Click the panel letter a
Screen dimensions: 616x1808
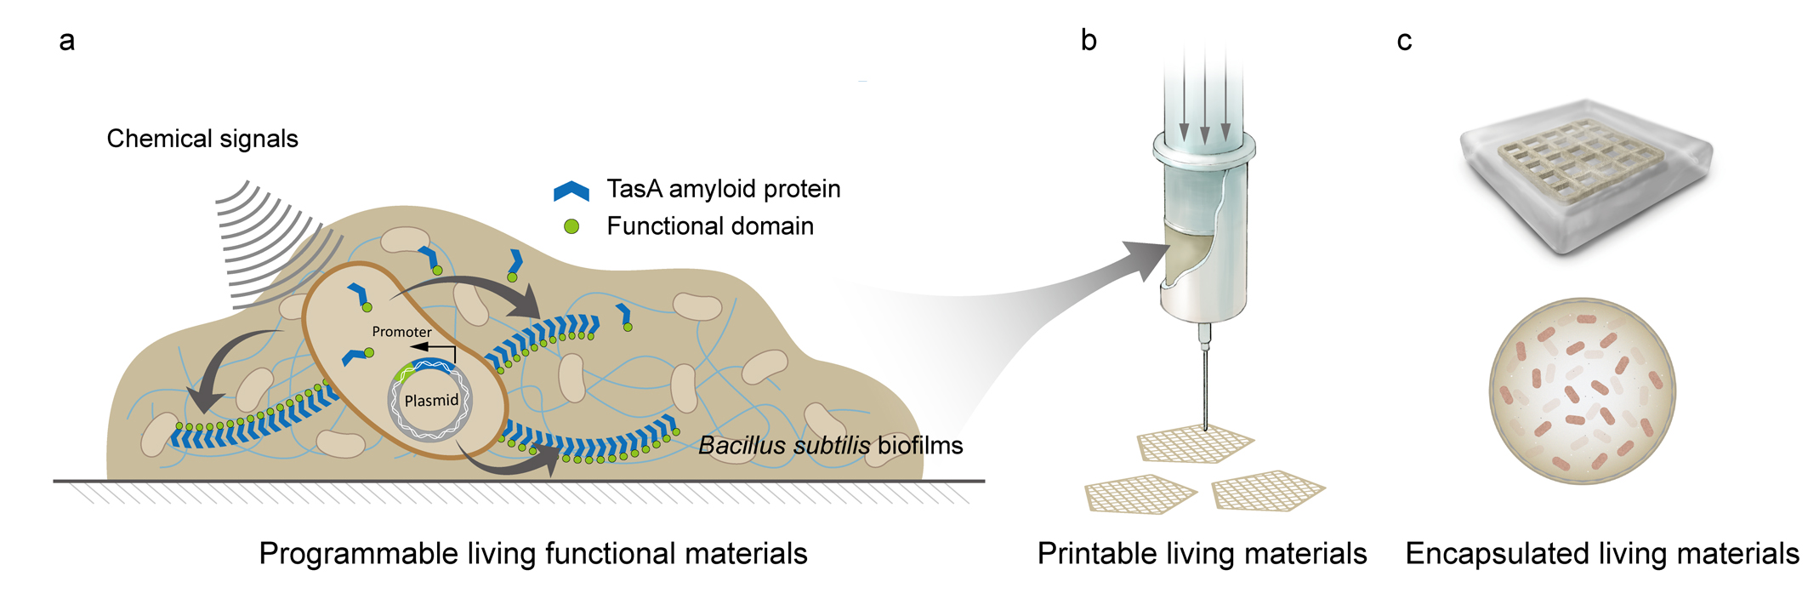66,41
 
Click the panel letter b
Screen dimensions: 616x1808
1089,40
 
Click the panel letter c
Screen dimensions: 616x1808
1404,41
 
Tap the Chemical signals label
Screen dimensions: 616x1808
202,139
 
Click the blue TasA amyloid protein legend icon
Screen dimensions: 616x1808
571,191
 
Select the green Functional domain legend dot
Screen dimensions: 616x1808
571,226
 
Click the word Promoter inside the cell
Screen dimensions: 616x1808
401,332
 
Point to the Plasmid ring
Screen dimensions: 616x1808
430,401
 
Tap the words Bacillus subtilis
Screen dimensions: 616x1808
783,446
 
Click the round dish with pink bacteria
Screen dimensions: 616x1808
1582,391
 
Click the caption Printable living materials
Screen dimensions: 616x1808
1202,554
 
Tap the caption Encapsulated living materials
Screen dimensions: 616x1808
1601,554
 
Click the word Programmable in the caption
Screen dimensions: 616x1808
358,555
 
